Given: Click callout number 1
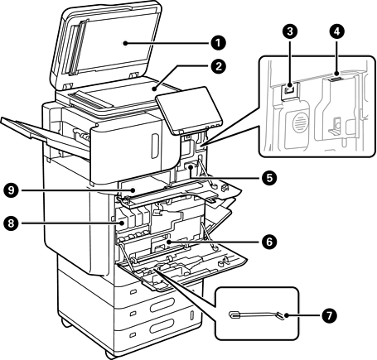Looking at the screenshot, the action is (219, 43).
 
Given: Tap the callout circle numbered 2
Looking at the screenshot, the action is (219, 66).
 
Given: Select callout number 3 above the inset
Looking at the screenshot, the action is (290, 31).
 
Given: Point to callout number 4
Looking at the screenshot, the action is (336, 31).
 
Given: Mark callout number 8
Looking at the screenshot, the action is (11, 223).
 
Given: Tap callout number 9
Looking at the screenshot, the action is (11, 190).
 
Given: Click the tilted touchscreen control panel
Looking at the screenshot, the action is (189, 110).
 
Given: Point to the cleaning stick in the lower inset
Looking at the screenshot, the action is (257, 315).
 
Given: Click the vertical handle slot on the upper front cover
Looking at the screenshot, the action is (155, 146).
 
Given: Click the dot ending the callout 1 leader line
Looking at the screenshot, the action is (125, 43).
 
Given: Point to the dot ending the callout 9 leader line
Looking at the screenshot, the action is (133, 190).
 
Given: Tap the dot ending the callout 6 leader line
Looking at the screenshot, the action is (168, 242).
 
